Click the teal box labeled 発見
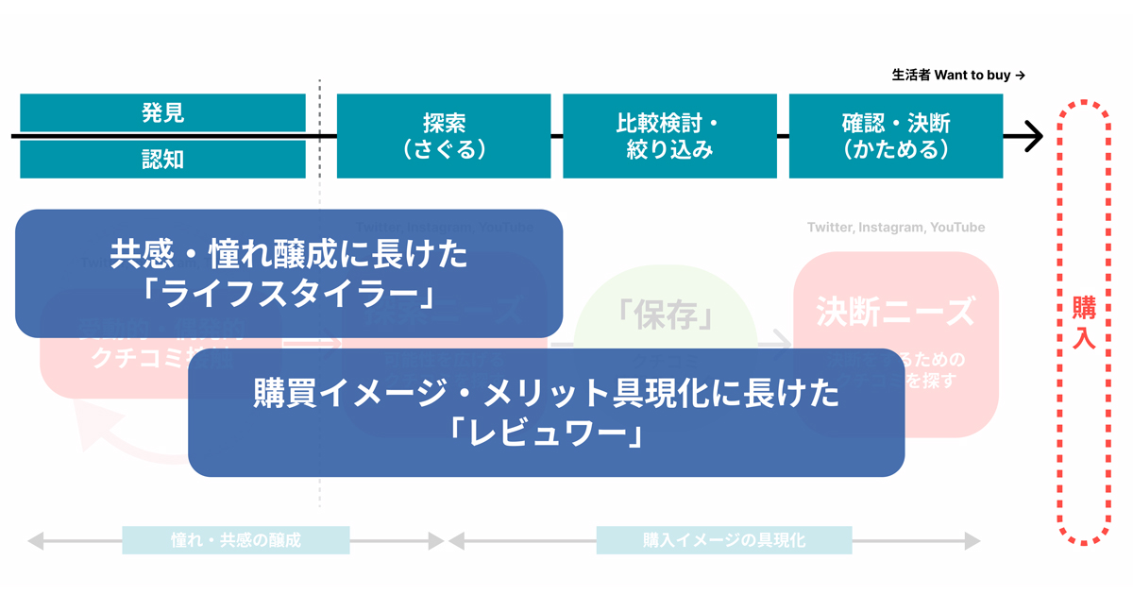pos(162,113)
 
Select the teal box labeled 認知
pos(162,160)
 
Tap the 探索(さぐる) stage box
pos(444,136)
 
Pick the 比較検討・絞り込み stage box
pos(669,136)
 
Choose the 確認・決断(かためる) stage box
pos(896,136)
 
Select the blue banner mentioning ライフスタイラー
pos(289,274)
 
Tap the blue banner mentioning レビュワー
pos(546,413)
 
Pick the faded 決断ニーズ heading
pos(895,311)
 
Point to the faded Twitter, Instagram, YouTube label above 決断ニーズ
pos(895,228)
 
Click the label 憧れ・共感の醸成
pos(235,540)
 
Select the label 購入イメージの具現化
pos(724,540)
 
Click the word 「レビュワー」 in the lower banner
pos(546,433)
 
